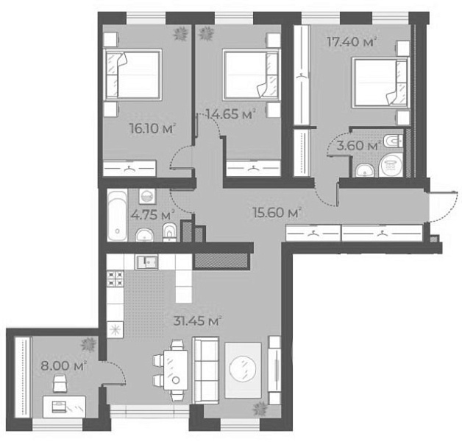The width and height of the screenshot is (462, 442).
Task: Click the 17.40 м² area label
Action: [x=352, y=41]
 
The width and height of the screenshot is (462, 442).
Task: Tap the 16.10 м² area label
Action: [x=152, y=128]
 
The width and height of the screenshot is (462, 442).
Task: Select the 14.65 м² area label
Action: [x=230, y=114]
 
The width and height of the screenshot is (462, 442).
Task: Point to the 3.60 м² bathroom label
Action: [x=358, y=145]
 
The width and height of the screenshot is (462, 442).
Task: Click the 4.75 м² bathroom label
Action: [x=153, y=215]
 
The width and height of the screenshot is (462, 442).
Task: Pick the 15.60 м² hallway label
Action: [x=277, y=212]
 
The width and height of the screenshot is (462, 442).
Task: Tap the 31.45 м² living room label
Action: [x=197, y=320]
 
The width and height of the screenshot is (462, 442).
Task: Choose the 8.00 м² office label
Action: [x=64, y=366]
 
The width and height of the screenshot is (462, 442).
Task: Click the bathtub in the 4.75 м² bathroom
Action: [x=117, y=215]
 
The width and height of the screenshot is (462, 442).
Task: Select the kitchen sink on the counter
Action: [x=146, y=262]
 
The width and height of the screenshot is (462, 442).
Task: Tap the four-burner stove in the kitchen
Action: [x=115, y=279]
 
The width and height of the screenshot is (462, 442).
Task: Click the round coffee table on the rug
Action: [x=243, y=370]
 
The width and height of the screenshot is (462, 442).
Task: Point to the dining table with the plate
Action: [x=176, y=370]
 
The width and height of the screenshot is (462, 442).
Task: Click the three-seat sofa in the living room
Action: [x=206, y=371]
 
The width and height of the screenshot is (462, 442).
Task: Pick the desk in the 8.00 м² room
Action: [x=65, y=407]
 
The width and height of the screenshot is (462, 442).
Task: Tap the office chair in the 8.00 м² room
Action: [x=60, y=383]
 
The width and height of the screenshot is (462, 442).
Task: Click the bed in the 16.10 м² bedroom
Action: [x=132, y=74]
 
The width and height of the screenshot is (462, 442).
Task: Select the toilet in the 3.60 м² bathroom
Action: [x=393, y=141]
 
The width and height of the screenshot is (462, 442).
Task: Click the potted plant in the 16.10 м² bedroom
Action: [x=180, y=33]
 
